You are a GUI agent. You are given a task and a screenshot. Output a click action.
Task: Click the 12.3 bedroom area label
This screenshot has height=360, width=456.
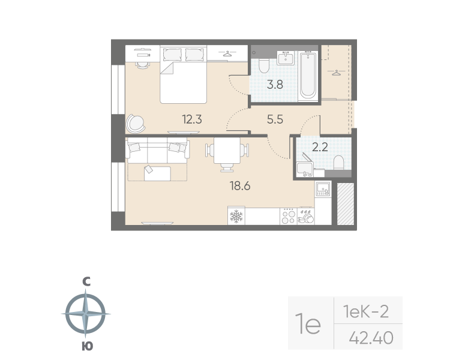point(192,119)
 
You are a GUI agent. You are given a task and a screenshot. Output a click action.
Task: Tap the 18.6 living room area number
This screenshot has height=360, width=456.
point(240,185)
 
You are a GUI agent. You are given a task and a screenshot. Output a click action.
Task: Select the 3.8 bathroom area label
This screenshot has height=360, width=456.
point(275,85)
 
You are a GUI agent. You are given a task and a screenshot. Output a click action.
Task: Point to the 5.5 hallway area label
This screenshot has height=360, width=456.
point(275,119)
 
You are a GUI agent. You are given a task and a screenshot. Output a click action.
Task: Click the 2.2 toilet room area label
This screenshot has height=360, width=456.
point(320,147)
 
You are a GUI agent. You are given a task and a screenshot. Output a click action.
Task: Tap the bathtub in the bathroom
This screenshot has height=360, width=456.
point(308,75)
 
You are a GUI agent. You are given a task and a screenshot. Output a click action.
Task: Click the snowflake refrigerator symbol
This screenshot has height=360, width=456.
point(236,216)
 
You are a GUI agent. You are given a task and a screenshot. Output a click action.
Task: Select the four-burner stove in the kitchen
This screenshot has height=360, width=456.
point(289,216)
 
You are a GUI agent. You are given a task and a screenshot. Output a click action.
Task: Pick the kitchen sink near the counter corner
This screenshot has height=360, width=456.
point(323,189)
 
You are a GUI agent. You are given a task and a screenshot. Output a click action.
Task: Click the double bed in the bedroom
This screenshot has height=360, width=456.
point(183,74)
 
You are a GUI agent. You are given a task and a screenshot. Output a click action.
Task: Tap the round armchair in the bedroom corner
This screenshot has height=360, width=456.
point(135,124)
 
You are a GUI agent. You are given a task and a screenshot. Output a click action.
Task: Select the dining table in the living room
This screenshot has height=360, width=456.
point(227,151)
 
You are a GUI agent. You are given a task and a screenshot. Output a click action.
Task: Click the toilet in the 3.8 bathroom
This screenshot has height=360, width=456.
point(264,66)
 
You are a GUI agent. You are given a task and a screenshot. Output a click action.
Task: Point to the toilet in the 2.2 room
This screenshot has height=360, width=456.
point(338,162)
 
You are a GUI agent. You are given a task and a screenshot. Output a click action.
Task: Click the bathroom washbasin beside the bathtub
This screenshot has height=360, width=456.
point(286,58)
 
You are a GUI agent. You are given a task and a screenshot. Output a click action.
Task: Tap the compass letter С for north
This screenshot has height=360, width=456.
point(86,281)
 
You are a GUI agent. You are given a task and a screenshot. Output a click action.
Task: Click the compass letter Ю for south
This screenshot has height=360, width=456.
point(86,346)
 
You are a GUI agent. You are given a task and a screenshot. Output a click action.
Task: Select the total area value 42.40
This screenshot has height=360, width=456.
point(371,338)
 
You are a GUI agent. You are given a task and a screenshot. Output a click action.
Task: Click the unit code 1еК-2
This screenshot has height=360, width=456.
point(366,311)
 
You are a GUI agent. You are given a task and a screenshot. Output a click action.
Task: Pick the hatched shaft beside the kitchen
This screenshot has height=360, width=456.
point(346,203)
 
